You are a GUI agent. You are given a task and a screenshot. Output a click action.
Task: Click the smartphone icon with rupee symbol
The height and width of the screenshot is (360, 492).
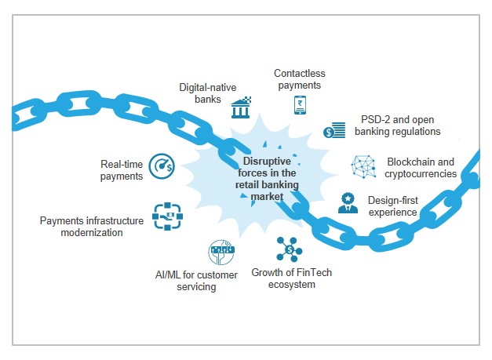[300, 105]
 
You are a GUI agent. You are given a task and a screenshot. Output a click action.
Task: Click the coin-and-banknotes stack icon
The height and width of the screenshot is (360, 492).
[334, 130]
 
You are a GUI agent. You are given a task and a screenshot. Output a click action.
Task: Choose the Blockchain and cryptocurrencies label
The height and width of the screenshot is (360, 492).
[420, 168]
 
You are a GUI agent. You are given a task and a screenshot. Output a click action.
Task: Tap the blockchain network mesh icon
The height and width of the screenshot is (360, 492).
[363, 166]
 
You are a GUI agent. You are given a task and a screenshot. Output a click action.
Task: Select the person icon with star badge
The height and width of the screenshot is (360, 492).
[348, 203]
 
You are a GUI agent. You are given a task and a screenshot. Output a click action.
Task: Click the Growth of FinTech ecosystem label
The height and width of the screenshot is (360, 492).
[283, 278]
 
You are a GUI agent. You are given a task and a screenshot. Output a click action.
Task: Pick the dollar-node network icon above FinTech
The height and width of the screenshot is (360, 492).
[289, 249]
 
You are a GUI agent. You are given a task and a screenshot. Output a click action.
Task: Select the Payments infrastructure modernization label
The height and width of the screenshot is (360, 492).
[92, 227]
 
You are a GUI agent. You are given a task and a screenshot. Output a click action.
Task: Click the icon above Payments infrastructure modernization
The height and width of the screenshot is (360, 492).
[167, 216]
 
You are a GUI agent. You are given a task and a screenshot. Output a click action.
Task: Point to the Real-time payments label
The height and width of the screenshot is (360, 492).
[121, 170]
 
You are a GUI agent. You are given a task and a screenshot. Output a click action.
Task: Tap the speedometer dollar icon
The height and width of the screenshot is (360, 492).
[162, 166]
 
